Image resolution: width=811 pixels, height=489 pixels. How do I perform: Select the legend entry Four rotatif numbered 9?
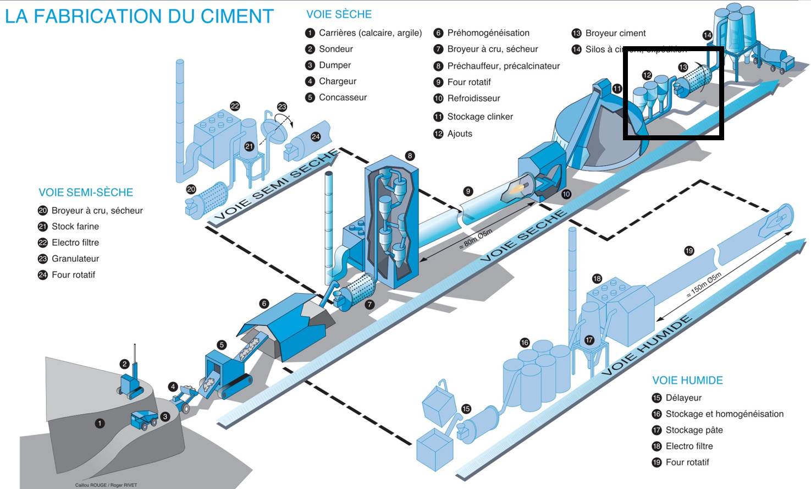tap(468, 82)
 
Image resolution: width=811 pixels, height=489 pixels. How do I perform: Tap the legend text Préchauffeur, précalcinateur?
tap(503, 66)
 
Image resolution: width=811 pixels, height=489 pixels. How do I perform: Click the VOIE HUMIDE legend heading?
tap(687, 380)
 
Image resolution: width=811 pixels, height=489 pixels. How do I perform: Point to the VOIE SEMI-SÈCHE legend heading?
tap(86, 193)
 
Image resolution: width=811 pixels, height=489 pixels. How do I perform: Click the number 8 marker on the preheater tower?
tap(410, 156)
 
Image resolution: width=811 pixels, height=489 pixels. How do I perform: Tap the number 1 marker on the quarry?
tap(100, 424)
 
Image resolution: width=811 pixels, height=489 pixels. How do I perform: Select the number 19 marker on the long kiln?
tap(689, 251)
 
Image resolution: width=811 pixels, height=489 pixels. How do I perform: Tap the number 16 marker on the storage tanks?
tap(525, 343)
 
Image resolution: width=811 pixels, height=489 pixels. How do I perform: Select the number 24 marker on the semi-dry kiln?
tap(316, 136)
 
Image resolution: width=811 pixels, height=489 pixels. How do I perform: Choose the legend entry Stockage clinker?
tap(479, 117)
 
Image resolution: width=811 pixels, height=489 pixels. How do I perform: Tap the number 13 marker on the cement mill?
tap(683, 67)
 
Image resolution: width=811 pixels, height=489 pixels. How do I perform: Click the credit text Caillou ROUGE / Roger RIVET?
tap(106, 485)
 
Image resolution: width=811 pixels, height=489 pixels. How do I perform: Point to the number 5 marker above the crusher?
tap(222, 345)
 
